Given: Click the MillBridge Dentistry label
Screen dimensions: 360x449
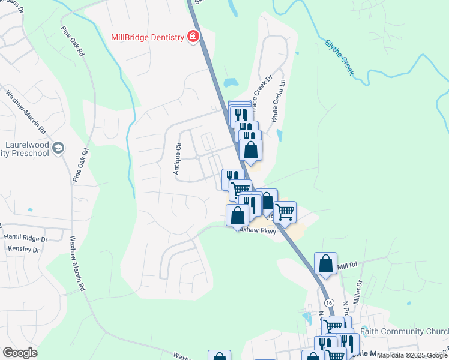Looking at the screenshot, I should [x=147, y=37].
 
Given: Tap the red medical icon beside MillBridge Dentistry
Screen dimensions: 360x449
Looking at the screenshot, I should [x=193, y=37].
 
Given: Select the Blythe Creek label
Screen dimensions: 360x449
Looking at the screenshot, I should [x=340, y=58].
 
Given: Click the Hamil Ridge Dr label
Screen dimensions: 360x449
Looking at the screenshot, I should [x=25, y=238].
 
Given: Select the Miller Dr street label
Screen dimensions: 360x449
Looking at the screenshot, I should [x=360, y=293].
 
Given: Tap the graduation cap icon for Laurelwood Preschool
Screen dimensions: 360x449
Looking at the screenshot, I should [x=58, y=148].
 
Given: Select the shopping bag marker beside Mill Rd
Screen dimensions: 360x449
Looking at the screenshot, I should [x=325, y=264].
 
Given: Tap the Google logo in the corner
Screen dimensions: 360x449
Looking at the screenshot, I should [x=20, y=353].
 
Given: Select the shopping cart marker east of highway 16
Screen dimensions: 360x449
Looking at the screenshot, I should [x=285, y=212].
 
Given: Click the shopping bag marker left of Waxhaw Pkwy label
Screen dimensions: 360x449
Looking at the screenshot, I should [x=238, y=215].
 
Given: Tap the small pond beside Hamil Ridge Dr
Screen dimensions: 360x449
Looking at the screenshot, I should [x=30, y=210].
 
